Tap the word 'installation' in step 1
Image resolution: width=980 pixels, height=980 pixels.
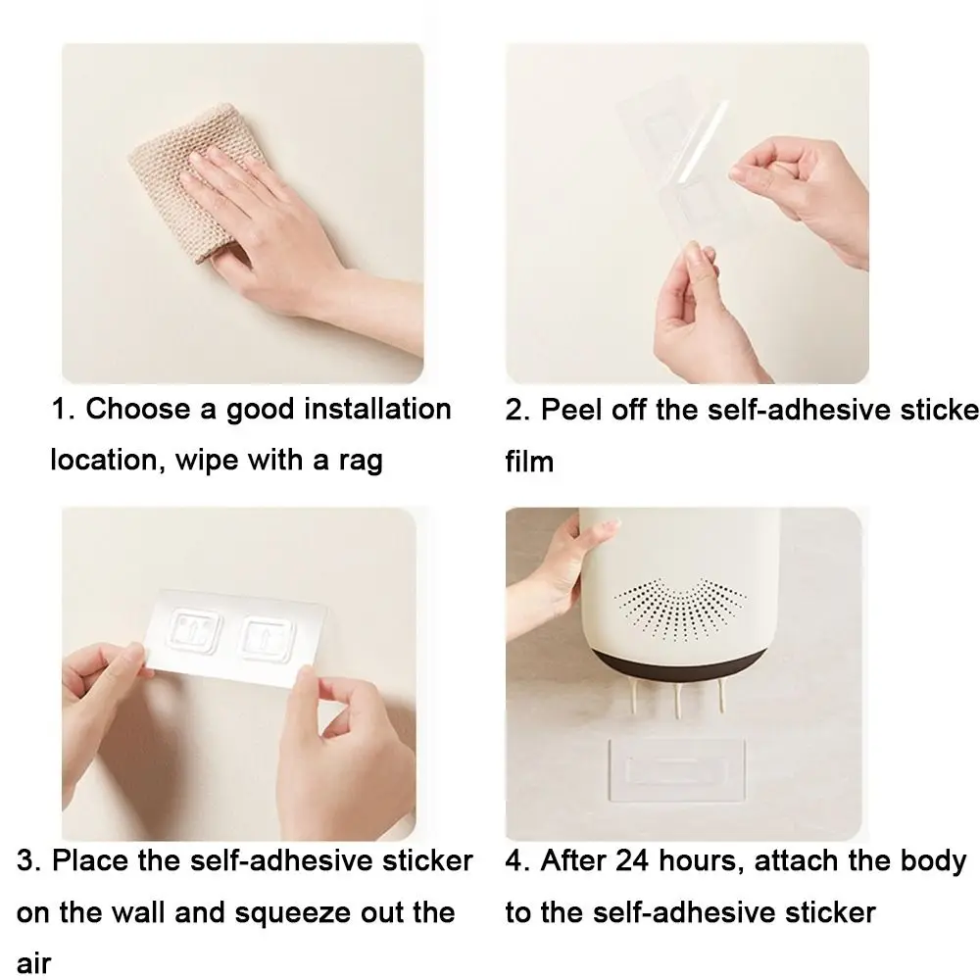[x=377, y=410]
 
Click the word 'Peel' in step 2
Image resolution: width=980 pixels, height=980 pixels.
[x=572, y=410]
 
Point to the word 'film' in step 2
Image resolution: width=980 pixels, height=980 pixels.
[x=529, y=462]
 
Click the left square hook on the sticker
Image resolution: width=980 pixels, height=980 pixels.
[x=195, y=630]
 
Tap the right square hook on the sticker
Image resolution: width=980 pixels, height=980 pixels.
[x=269, y=638]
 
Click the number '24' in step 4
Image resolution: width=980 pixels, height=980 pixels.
[x=632, y=860]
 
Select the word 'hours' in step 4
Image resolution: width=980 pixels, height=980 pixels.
[x=702, y=861]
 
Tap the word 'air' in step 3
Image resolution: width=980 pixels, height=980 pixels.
[x=33, y=963]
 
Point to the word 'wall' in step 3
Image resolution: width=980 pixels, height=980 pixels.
[x=139, y=912]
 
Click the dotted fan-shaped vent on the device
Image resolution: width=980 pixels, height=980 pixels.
[x=680, y=609]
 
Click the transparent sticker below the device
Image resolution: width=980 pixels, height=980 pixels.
[x=677, y=770]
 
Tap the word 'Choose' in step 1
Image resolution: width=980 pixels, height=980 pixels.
[x=138, y=410]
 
